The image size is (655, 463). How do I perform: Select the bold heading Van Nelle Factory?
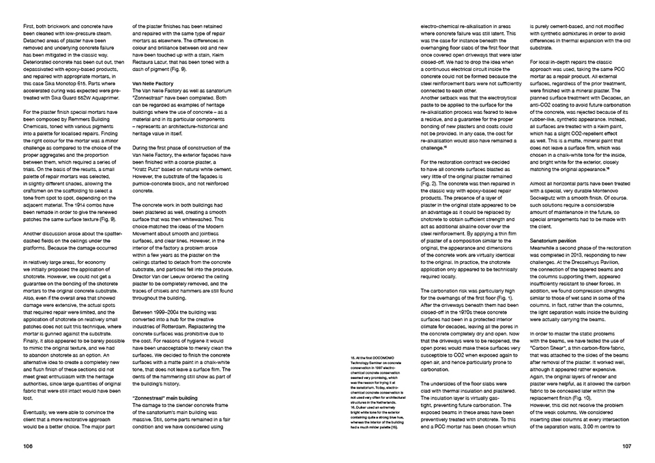(x=153, y=83)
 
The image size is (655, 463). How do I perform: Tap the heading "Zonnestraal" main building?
(x=164, y=396)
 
